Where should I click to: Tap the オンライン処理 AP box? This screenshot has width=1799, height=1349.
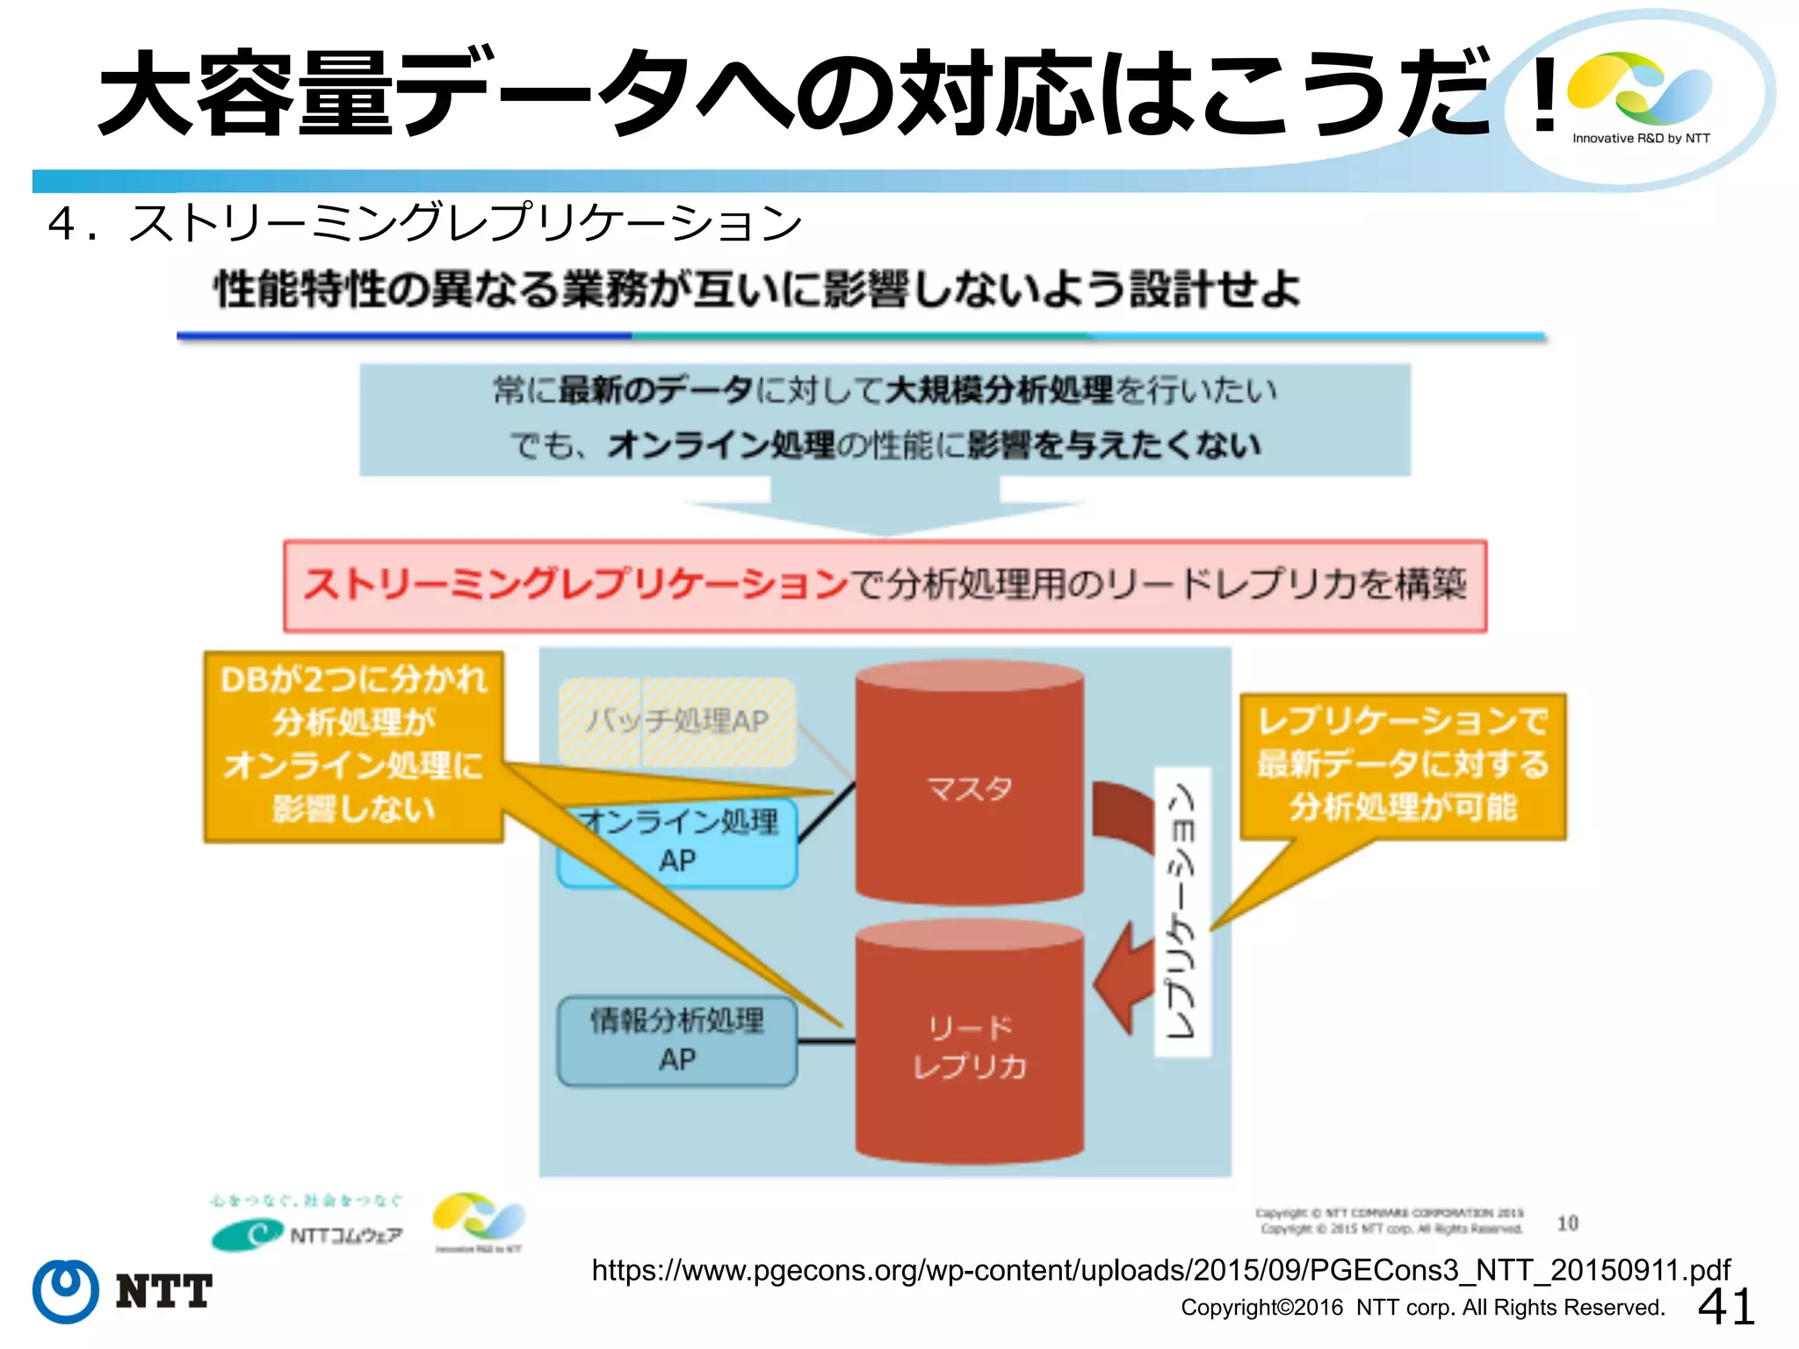[677, 843]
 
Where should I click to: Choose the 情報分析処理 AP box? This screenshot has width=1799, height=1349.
[677, 1040]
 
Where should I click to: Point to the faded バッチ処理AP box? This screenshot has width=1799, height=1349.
[677, 721]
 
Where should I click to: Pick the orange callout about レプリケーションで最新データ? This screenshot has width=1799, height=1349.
[1402, 764]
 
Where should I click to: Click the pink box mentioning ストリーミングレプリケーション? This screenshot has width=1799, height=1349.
[885, 585]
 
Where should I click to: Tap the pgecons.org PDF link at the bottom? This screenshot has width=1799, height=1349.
[1160, 1270]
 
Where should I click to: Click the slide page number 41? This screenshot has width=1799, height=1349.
[1726, 1307]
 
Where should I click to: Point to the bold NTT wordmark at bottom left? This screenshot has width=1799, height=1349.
[164, 1291]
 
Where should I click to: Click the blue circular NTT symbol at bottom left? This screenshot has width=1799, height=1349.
[66, 1291]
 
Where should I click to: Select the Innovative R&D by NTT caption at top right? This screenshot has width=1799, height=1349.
[1641, 139]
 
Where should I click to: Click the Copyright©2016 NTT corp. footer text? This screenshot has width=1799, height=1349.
[1422, 1308]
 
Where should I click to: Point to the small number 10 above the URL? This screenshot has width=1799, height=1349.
[1567, 1223]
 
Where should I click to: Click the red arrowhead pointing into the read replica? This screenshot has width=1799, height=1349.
[1120, 984]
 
